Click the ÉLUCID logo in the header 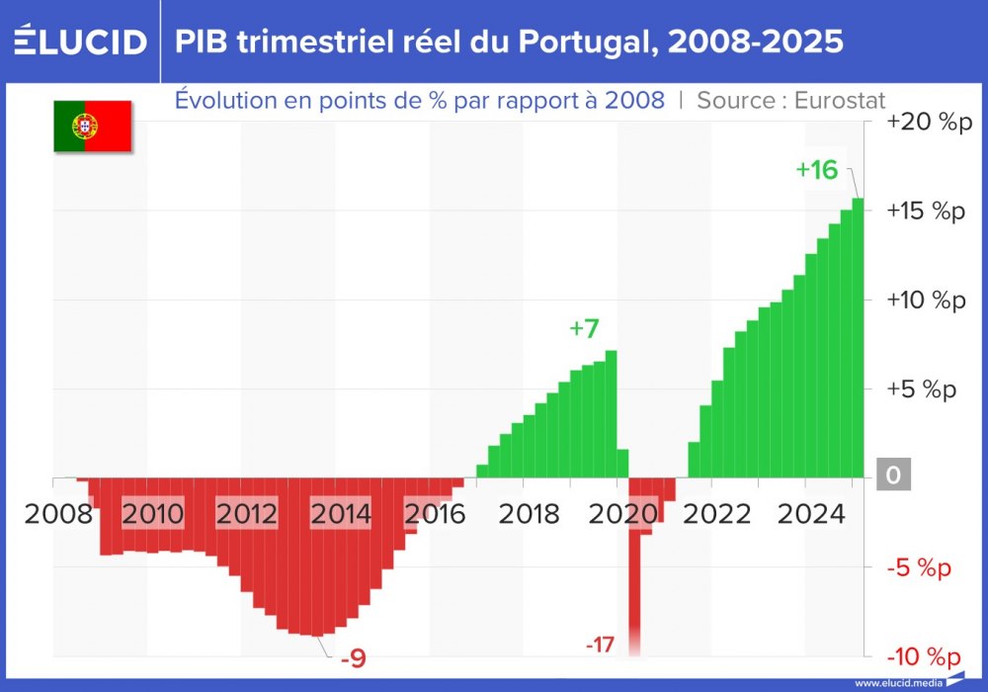[x=81, y=42]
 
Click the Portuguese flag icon [x=93, y=126]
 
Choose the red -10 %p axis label [x=923, y=657]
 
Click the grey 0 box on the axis [x=893, y=476]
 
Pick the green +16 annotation [x=816, y=170]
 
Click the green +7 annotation [x=584, y=329]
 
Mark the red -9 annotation [x=352, y=657]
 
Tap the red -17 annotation [x=599, y=646]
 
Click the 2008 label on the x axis [x=59, y=514]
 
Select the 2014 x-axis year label [x=341, y=514]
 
